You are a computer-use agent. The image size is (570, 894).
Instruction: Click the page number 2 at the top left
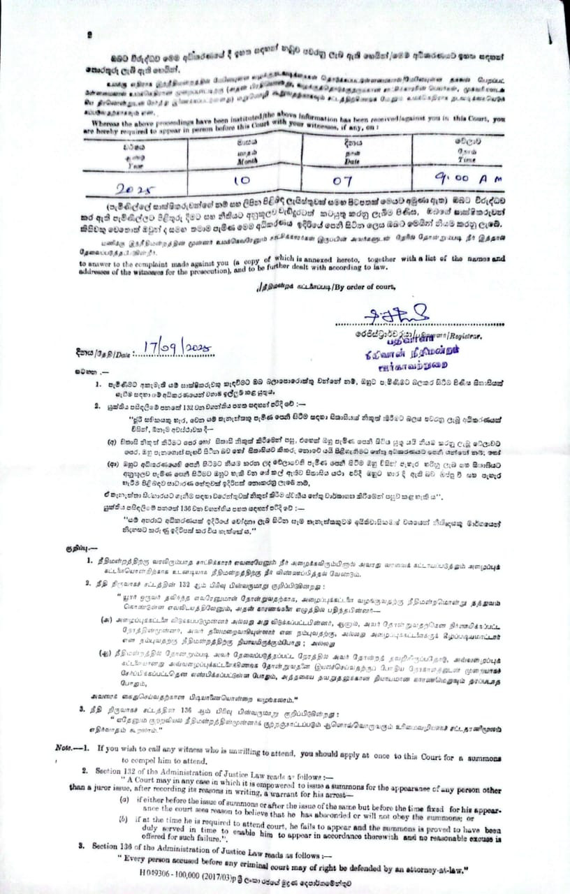[89, 35]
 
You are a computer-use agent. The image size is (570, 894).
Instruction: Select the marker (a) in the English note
[124, 798]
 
